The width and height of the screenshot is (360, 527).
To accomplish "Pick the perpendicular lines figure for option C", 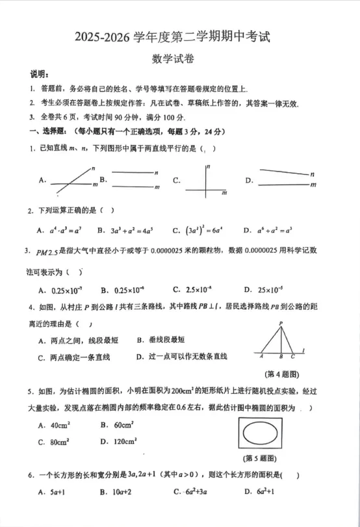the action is (x=205, y=181).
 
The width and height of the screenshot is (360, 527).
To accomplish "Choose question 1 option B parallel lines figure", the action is (x=134, y=180).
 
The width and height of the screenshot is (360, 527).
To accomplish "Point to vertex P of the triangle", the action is (x=281, y=324).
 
